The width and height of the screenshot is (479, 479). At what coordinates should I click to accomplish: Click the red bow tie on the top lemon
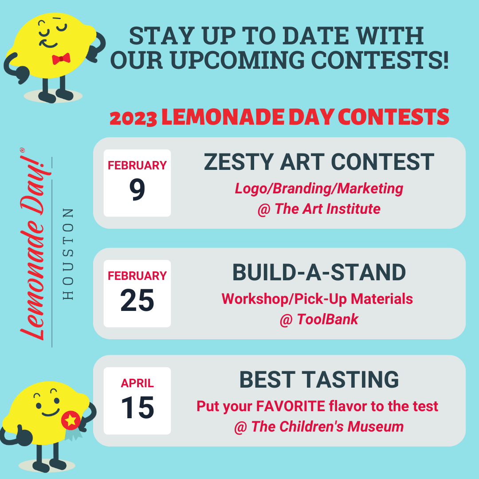click(x=61, y=59)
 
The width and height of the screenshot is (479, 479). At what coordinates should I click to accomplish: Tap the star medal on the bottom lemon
click(x=71, y=420)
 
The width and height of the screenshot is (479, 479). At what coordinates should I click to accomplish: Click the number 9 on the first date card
click(x=137, y=190)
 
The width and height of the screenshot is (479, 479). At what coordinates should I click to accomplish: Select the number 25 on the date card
click(x=137, y=300)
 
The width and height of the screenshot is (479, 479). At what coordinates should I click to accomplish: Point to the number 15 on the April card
click(x=137, y=408)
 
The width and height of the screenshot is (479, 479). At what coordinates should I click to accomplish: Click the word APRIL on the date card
click(x=137, y=383)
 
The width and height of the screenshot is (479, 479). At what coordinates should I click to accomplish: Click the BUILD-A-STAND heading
click(x=319, y=272)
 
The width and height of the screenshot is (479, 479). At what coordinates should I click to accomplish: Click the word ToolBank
click(x=327, y=319)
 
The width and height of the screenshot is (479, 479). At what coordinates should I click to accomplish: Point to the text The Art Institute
click(x=327, y=209)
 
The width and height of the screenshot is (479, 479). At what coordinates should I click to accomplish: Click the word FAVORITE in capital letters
click(x=291, y=406)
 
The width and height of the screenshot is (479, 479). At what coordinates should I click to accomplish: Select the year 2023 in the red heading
click(x=133, y=118)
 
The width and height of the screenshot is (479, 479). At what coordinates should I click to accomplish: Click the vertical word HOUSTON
click(x=68, y=254)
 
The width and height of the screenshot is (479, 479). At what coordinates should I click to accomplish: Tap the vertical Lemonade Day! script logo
click(x=33, y=244)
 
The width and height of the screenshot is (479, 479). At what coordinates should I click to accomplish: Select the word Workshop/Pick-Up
click(x=284, y=299)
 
